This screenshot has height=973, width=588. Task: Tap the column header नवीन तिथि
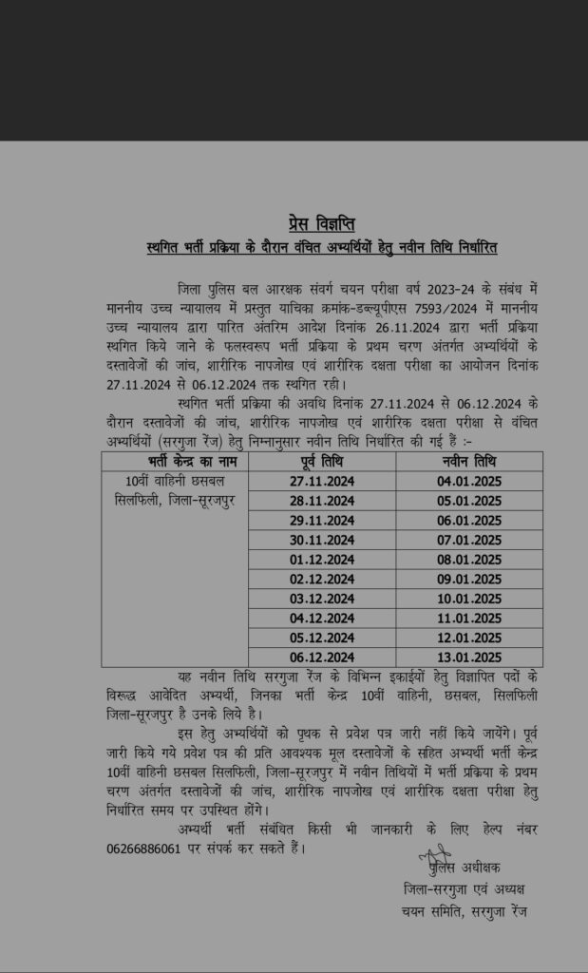click(469, 462)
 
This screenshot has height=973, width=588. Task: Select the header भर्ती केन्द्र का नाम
click(175, 462)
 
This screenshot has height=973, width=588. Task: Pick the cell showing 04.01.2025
click(469, 481)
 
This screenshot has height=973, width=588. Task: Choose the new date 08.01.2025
click(469, 560)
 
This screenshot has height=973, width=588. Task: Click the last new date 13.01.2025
click(469, 658)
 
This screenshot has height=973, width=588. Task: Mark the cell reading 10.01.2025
click(469, 599)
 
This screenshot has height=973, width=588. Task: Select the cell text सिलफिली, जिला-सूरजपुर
click(175, 501)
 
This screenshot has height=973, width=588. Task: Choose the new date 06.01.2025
click(469, 521)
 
